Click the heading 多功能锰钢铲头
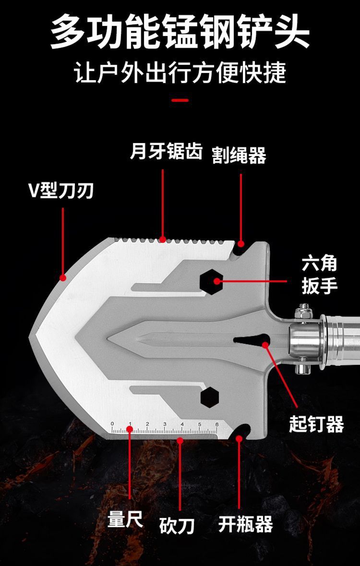[180, 33]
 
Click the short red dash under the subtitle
[180, 100]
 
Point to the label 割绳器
[239, 155]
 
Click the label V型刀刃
[60, 191]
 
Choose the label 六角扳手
[319, 275]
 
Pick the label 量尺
[125, 520]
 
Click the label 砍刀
[177, 526]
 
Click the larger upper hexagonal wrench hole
[211, 280]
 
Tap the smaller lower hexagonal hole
[209, 396]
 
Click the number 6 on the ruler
[217, 424]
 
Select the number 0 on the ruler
[112, 424]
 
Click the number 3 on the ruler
[165, 424]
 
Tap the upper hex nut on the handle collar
[303, 310]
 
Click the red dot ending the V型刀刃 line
[62, 277]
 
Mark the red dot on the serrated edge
[163, 239]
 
